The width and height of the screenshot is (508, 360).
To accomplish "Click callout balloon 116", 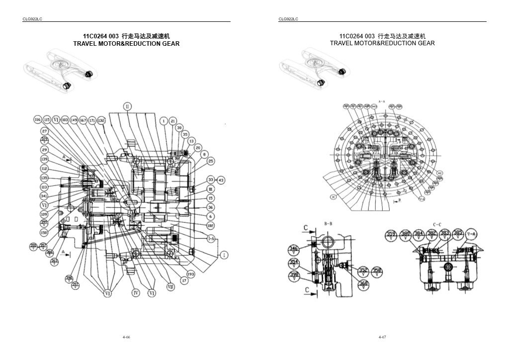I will tap(37, 120).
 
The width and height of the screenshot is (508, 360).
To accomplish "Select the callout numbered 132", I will tap(101, 120).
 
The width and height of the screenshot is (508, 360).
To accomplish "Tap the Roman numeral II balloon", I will tap(127, 107).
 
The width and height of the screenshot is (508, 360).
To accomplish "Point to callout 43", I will tap(221, 180).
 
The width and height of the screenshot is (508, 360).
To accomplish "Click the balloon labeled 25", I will tap(211, 161).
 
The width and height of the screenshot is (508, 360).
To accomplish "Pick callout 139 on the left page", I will tap(44, 159).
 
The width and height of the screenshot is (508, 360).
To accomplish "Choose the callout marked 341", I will tap(44, 196).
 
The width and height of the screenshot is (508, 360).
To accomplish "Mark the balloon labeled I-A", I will tap(211, 239).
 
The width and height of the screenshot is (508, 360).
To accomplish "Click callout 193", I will tap(190, 274).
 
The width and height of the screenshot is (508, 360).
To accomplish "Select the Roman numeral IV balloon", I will tap(136, 293).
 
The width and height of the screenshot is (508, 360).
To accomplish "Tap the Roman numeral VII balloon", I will tap(170, 287).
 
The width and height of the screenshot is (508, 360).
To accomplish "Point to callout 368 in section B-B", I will tap(363, 283).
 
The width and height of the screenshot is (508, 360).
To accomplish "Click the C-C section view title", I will tap(437, 224).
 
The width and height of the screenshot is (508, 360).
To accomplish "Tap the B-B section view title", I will tap(328, 224).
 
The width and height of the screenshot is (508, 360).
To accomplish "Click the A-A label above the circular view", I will tap(382, 100).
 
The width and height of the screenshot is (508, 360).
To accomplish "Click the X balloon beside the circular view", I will tap(333, 196).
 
